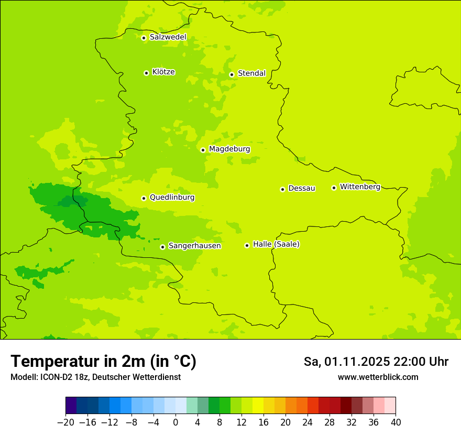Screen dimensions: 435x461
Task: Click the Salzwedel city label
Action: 168,37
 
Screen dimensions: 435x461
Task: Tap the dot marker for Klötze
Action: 146,73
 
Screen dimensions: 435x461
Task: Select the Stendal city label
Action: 251,73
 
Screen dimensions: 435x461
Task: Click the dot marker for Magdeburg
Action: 203,150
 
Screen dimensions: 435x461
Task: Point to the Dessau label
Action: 302,188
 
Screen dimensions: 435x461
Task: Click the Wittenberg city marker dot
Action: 334,188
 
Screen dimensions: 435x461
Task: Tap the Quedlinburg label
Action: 172,198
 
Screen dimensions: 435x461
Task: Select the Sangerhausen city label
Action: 194,246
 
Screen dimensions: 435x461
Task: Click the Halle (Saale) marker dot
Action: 247,245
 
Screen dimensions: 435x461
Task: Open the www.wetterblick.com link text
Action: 378,377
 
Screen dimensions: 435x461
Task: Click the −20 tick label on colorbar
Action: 65,422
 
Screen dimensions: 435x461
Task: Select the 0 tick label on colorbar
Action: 175,422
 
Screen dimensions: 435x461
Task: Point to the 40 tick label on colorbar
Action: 396,422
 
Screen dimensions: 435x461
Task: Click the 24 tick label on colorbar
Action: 308,422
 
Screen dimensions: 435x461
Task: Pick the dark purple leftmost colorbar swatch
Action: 71,406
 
